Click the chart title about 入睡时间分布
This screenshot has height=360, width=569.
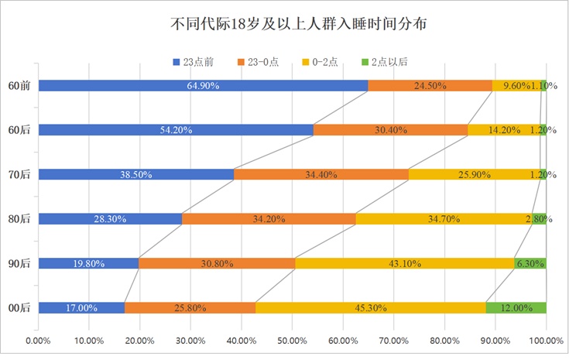pyautogui.click(x=298, y=25)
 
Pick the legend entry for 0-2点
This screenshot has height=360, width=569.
pyautogui.click(x=326, y=61)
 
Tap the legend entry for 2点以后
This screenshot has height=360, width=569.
pyautogui.click(x=388, y=61)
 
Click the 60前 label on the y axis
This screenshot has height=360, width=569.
pyautogui.click(x=19, y=86)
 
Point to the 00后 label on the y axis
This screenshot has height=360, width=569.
pyautogui.click(x=19, y=308)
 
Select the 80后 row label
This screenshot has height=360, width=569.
pyautogui.click(x=19, y=219)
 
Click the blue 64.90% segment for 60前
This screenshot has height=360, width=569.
pyautogui.click(x=203, y=86)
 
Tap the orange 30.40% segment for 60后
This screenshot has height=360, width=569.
pyautogui.click(x=390, y=130)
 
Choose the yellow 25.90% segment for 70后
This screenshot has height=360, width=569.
pyautogui.click(x=474, y=175)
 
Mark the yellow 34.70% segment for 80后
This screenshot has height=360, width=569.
pyautogui.click(x=443, y=219)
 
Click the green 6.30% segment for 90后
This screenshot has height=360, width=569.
pyautogui.click(x=530, y=263)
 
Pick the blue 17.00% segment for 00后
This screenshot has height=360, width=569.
pyautogui.click(x=81, y=308)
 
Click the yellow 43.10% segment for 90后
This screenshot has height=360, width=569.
pyautogui.click(x=404, y=263)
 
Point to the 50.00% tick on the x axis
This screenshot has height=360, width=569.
pyautogui.click(x=292, y=339)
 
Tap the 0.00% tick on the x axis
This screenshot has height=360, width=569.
pyautogui.click(x=39, y=339)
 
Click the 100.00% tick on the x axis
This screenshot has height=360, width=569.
pyautogui.click(x=545, y=339)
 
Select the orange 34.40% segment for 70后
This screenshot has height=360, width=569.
pyautogui.click(x=320, y=175)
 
